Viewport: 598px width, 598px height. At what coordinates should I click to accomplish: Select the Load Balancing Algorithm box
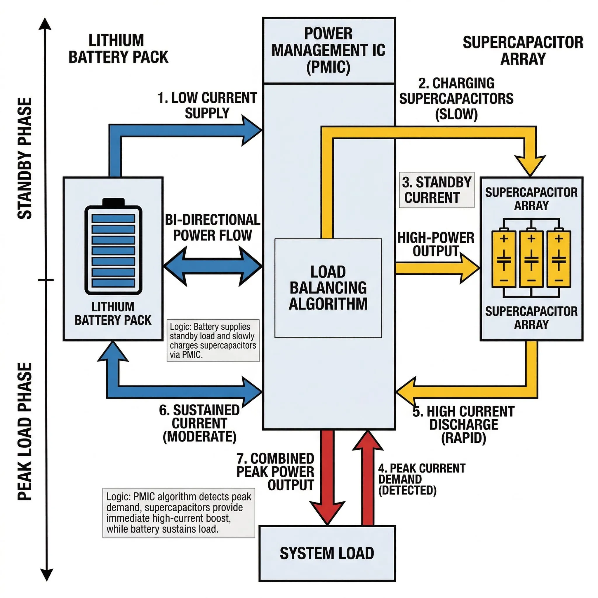[x=328, y=288]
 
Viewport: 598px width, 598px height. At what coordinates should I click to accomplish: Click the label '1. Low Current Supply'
[x=207, y=105]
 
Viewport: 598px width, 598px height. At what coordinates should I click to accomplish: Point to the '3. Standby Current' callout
[x=437, y=190]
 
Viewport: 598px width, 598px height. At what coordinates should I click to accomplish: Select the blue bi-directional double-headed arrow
[x=213, y=266]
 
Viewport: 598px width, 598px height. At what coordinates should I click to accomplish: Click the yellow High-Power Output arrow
[x=437, y=268]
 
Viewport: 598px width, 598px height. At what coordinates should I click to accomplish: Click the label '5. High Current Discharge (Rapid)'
[x=463, y=425]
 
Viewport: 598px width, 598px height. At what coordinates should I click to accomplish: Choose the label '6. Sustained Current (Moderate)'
[x=200, y=423]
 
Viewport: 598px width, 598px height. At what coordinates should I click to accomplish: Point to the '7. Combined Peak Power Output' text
[x=275, y=472]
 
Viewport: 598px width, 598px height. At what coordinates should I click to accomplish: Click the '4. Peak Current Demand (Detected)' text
[x=422, y=479]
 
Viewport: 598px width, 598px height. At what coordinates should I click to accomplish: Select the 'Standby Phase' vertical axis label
[x=25, y=159]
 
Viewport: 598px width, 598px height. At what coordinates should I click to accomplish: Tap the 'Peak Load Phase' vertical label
[x=25, y=432]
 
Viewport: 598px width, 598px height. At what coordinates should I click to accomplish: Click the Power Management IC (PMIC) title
[x=328, y=51]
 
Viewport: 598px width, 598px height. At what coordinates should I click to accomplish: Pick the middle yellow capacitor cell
[x=531, y=259]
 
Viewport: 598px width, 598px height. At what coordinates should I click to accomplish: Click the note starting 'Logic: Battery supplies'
[x=213, y=340]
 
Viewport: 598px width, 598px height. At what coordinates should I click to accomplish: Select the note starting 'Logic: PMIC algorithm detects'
[x=179, y=512]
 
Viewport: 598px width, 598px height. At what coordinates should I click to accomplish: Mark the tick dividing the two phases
[x=46, y=280]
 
